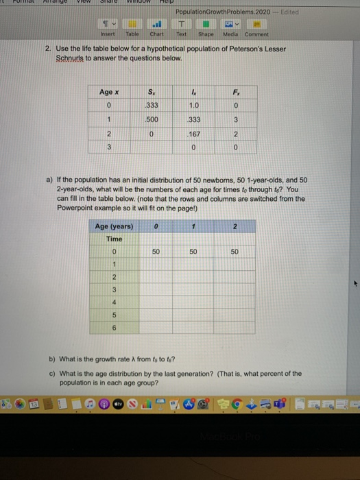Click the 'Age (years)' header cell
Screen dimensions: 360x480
click(x=114, y=226)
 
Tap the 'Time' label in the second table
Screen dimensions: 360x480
click(x=115, y=239)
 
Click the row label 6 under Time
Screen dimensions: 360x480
click(x=115, y=328)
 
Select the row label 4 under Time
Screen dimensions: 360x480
click(x=115, y=303)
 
